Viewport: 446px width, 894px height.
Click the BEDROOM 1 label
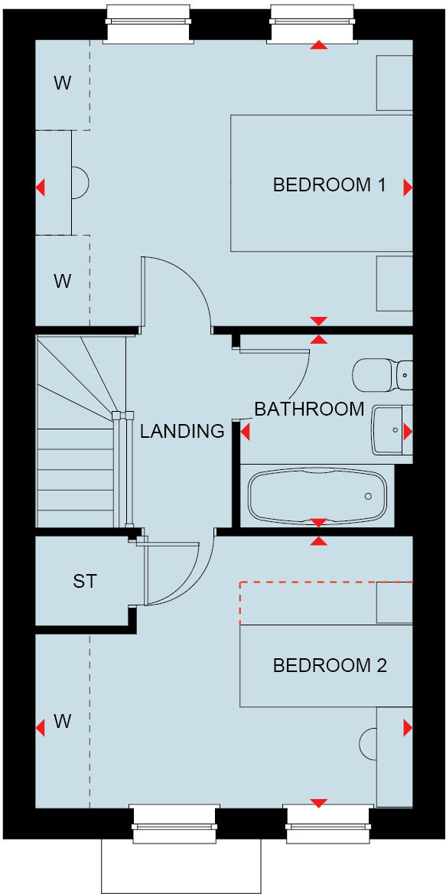(329, 185)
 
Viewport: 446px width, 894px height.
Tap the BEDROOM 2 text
(330, 666)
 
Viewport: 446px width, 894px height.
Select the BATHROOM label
(309, 409)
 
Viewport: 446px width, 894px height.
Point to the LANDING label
(181, 431)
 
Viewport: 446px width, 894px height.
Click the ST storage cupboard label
(85, 582)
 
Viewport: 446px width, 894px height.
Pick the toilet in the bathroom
(382, 374)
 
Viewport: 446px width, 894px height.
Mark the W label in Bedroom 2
(63, 721)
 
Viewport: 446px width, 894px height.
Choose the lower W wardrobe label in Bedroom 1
(63, 281)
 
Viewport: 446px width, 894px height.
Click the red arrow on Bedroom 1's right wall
(408, 187)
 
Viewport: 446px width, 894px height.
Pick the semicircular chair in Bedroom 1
(80, 183)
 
